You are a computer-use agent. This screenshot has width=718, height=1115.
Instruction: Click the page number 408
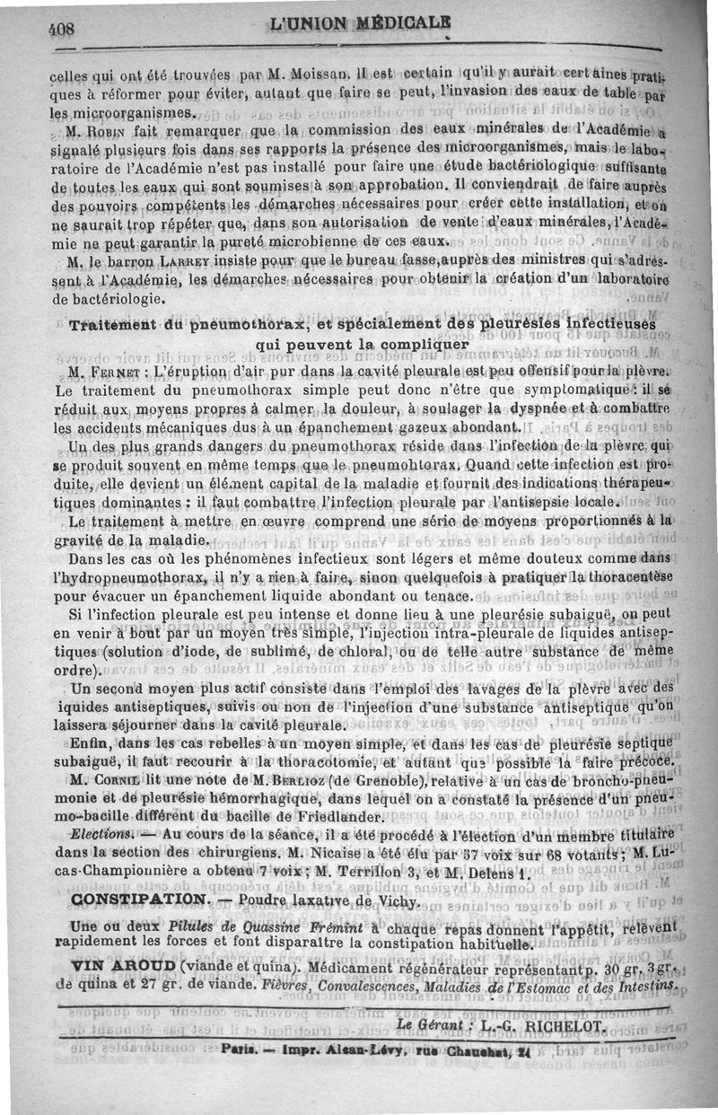point(63,28)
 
